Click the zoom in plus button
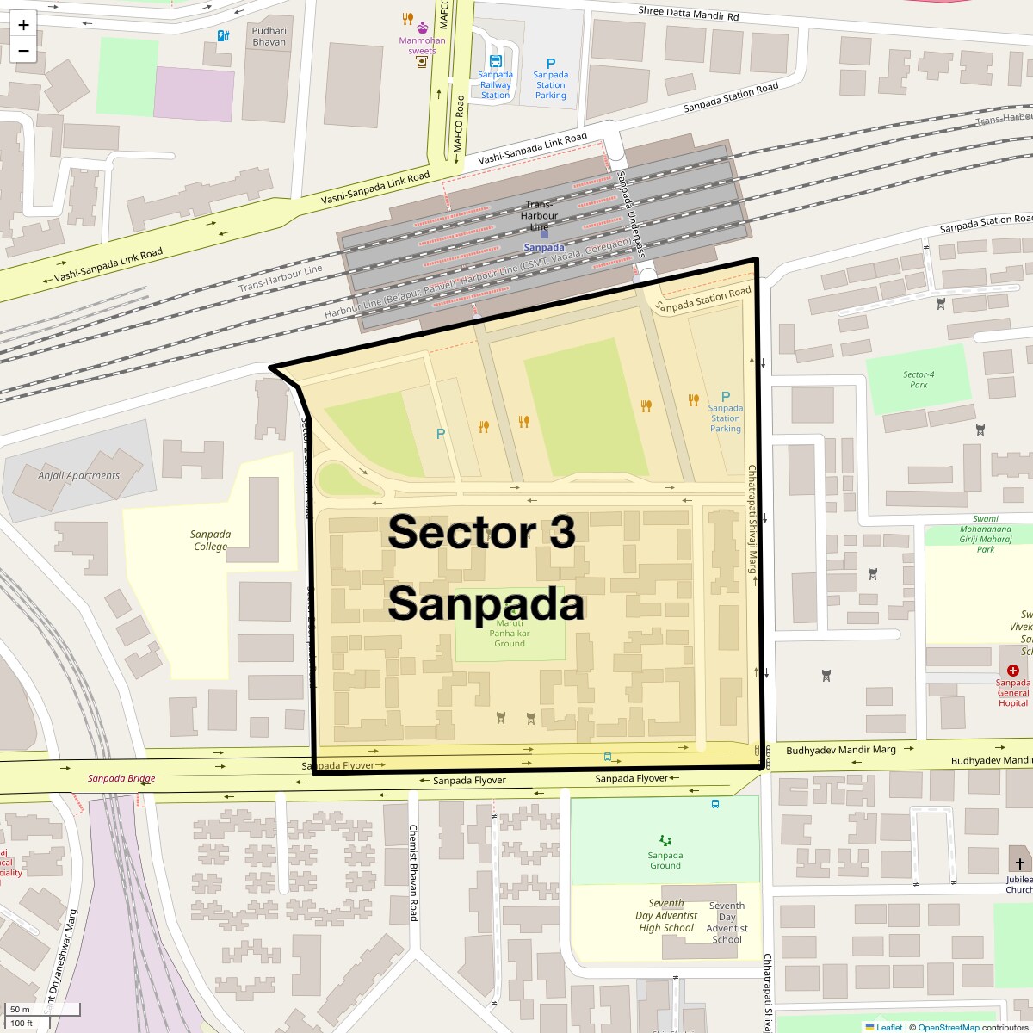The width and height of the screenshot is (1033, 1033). point(23,25)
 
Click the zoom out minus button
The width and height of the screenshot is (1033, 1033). point(23,51)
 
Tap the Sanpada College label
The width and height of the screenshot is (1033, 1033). point(211,541)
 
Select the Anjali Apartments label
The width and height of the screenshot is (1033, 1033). point(79,475)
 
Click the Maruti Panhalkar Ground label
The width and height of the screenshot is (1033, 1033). point(510,633)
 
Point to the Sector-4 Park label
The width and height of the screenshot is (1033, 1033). point(919,380)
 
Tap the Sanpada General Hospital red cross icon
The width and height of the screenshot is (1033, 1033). point(1012,670)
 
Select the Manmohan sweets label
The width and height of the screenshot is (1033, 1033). point(422,45)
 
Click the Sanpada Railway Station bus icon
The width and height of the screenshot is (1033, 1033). point(495,61)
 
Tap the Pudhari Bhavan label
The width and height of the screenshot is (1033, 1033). point(269,36)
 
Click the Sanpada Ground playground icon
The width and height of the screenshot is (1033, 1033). point(665,840)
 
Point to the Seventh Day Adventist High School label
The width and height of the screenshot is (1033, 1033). point(666,916)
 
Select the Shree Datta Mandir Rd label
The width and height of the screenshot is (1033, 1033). point(689,15)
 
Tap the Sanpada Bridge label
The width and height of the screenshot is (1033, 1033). point(121,778)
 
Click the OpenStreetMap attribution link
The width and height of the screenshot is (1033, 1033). point(948,1027)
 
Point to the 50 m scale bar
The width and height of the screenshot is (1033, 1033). point(43,1010)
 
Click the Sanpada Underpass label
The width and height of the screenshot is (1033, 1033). point(631,214)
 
